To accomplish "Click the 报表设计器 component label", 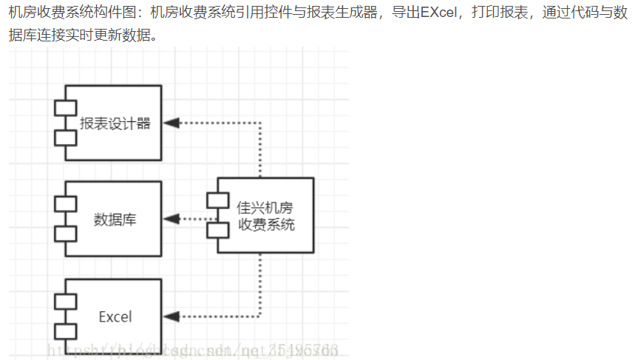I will tap(115, 123).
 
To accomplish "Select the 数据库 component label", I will tap(115, 220).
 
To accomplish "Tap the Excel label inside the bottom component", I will tap(115, 316).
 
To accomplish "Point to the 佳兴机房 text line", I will tap(265, 208).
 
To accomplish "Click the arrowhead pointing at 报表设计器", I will tap(172, 123).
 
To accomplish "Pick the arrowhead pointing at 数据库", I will tap(172, 219).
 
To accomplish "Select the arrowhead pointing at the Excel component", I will tap(172, 316).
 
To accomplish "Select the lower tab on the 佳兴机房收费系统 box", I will tap(217, 230).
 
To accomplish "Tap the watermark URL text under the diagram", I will tap(192, 347).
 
